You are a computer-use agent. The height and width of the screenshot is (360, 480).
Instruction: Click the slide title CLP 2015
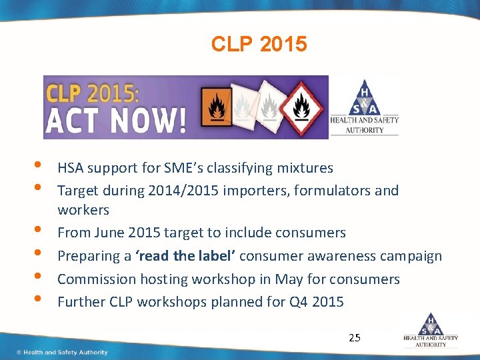pos(259,44)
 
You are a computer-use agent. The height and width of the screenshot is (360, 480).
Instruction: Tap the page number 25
pos(355,337)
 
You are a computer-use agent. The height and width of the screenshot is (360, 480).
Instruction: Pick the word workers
pos(83,210)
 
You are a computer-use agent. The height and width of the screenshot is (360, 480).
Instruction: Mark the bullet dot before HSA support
pos(34,165)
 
